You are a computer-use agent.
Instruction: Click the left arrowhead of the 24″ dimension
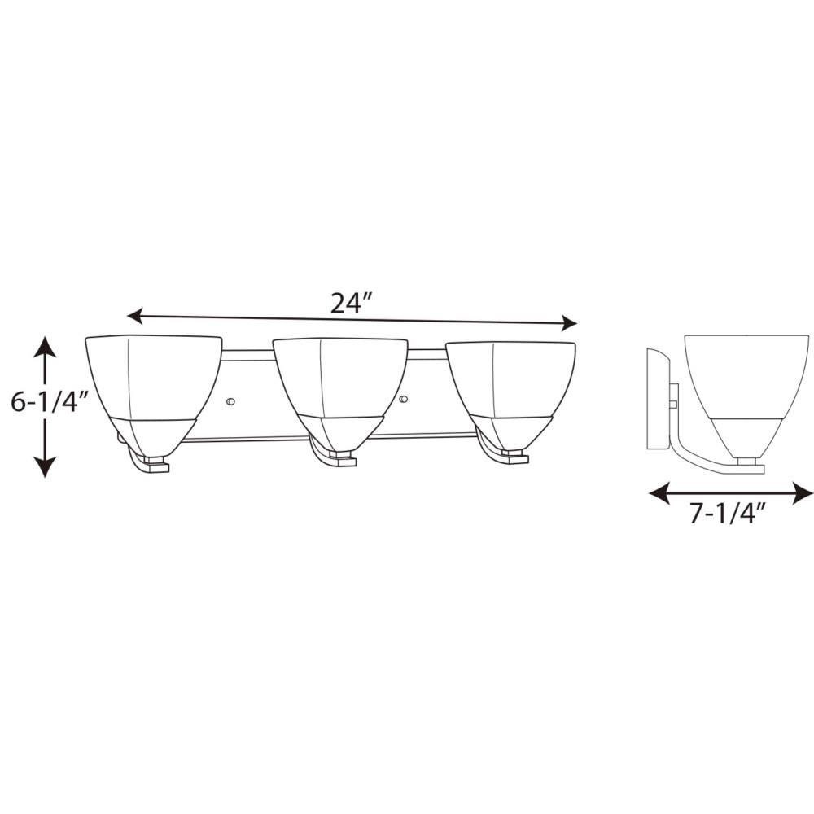tap(135, 315)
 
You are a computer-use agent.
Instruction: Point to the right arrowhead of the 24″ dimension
tap(570, 323)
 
